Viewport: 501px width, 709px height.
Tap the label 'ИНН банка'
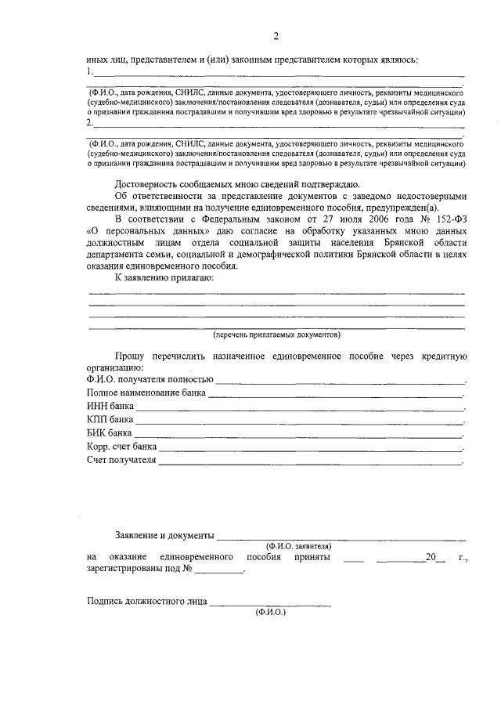pyautogui.click(x=110, y=407)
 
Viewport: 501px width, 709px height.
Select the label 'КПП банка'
pyautogui.click(x=110, y=420)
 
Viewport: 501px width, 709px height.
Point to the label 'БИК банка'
pyautogui.click(x=110, y=433)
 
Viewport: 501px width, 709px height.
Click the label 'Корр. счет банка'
pyautogui.click(x=122, y=447)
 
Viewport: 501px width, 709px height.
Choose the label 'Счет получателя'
pyautogui.click(x=122, y=460)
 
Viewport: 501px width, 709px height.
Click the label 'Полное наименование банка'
pyautogui.click(x=146, y=393)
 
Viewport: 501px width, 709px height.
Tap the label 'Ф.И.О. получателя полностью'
pyautogui.click(x=150, y=380)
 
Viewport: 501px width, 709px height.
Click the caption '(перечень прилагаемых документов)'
pyautogui.click(x=277, y=334)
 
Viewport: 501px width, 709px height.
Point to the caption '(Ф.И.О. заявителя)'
pyautogui.click(x=298, y=544)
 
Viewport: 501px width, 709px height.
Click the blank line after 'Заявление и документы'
pyautogui.click(x=341, y=536)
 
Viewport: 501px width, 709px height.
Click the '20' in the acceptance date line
pyautogui.click(x=428, y=557)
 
